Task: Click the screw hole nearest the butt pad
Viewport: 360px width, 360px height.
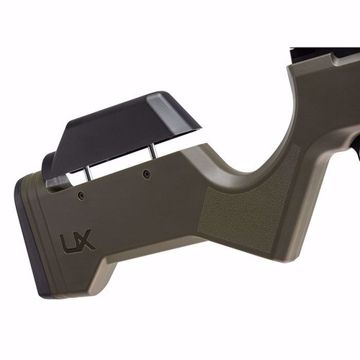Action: (x=81, y=194)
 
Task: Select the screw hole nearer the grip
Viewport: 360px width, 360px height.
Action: (x=146, y=174)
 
